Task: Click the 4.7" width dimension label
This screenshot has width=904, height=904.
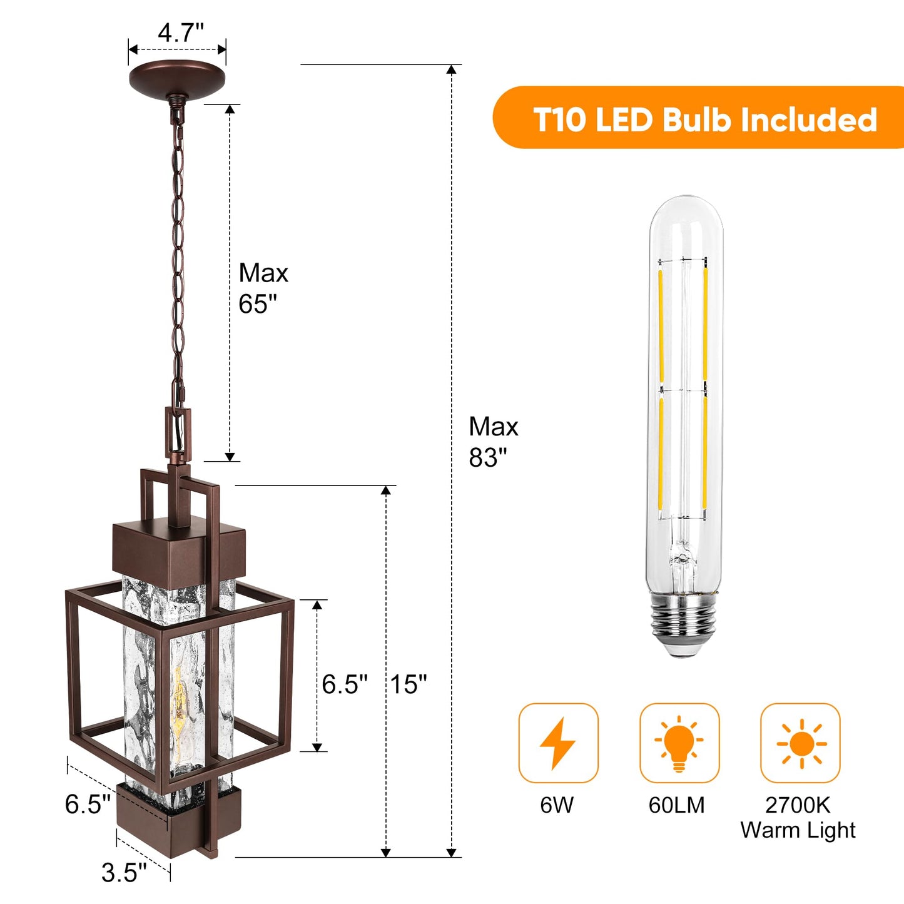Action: pyautogui.click(x=181, y=33)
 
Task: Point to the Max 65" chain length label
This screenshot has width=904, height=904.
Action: pyautogui.click(x=263, y=288)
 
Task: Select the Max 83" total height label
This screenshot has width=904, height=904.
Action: pyautogui.click(x=493, y=442)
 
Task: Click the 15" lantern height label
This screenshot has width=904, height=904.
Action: pyautogui.click(x=409, y=684)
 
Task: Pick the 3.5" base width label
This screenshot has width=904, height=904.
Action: pyautogui.click(x=124, y=873)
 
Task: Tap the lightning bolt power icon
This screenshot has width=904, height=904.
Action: pyautogui.click(x=558, y=743)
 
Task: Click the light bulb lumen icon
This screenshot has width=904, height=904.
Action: pyautogui.click(x=679, y=743)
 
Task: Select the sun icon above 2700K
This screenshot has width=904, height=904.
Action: pyautogui.click(x=801, y=744)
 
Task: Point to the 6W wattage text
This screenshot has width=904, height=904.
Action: pyautogui.click(x=557, y=805)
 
